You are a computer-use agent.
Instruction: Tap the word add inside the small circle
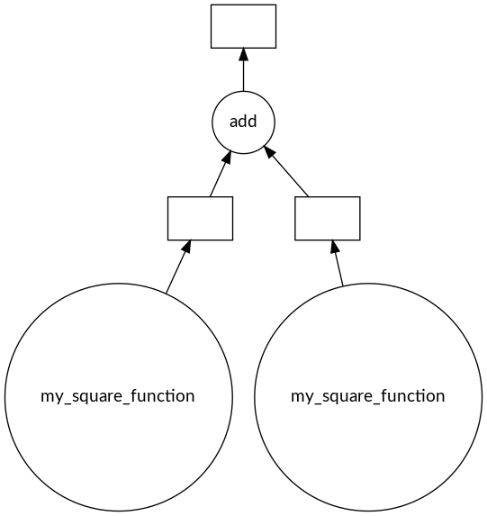coord(243,122)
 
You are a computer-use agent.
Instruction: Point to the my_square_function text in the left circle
coord(118,396)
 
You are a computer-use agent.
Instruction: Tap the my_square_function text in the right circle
coord(368,396)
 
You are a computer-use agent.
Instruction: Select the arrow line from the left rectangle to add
coord(221,174)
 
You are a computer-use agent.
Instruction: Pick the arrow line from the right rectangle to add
coord(286,171)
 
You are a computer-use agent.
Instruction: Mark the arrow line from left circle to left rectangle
coord(178,267)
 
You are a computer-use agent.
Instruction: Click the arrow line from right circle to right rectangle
coord(337,263)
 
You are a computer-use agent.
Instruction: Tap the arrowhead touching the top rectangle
coord(243,55)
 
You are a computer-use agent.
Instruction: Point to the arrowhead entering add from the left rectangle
coord(227,158)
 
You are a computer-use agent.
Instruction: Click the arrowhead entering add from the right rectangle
coord(269,152)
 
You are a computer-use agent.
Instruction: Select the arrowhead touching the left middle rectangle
coord(186,247)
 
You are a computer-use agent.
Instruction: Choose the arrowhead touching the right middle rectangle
coord(334,247)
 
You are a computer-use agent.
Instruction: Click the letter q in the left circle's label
coord(84,398)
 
